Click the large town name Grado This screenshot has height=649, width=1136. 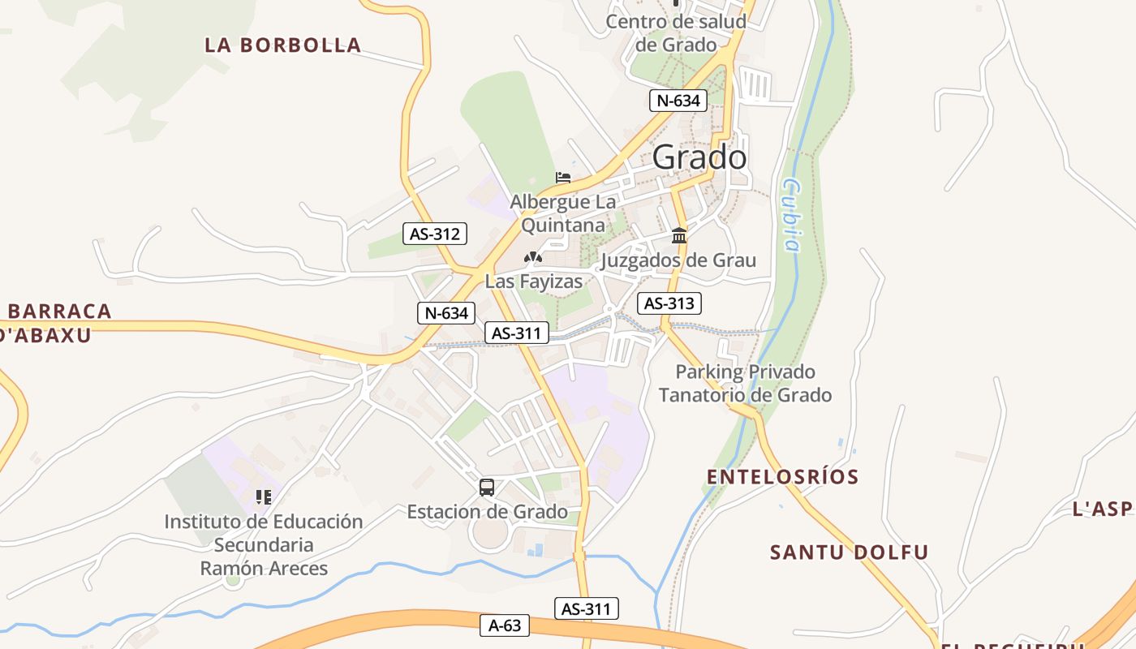[699, 157]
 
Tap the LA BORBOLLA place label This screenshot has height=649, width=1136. [282, 45]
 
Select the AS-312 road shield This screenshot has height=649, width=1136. [435, 234]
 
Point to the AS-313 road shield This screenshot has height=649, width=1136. [669, 303]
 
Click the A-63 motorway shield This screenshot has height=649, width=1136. [505, 625]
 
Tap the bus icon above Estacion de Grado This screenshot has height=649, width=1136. [486, 488]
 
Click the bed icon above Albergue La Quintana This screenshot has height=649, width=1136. [563, 177]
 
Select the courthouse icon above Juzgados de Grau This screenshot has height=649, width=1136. [679, 236]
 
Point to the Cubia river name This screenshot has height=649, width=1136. [792, 216]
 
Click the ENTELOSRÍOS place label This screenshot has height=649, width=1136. [782, 477]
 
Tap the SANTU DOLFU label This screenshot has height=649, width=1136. [849, 552]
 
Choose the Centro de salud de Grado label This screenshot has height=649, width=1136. [676, 32]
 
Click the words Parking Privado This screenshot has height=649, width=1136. [745, 372]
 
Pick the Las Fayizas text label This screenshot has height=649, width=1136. [534, 282]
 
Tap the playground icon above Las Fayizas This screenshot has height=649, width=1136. [532, 258]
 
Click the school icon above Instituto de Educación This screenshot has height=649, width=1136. [263, 496]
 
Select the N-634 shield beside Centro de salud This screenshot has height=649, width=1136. [678, 101]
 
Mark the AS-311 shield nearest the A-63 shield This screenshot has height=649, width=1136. [586, 608]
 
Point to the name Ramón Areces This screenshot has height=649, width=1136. [264, 568]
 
